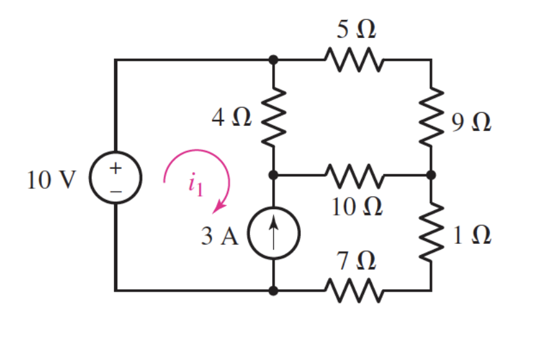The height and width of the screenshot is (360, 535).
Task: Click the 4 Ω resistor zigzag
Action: point(273,118)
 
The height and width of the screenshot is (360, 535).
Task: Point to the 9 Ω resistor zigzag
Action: point(431,118)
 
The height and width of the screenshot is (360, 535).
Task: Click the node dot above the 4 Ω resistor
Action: point(273,60)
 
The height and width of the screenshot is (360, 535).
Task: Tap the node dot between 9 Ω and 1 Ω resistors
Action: point(431,174)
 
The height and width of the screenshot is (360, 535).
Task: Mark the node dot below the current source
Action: point(273,290)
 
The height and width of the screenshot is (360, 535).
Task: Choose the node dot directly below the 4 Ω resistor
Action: point(273,174)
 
